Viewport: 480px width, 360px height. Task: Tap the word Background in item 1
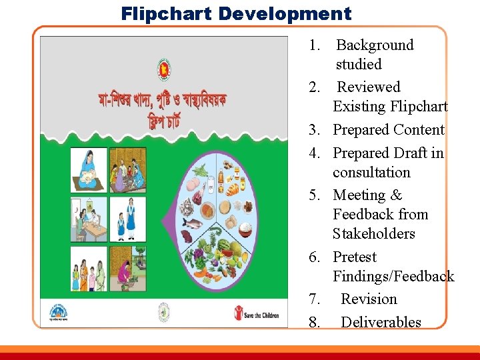[375, 45]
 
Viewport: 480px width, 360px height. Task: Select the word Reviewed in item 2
[369, 87]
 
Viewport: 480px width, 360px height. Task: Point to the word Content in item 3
[419, 130]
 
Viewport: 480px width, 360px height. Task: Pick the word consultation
[371, 173]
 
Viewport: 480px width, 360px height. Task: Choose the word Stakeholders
[373, 234]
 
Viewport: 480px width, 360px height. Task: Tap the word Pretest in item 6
[355, 257]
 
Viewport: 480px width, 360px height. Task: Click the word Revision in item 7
[369, 299]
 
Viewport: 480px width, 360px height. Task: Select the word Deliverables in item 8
[381, 323]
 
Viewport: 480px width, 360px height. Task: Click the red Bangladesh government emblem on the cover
[163, 68]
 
